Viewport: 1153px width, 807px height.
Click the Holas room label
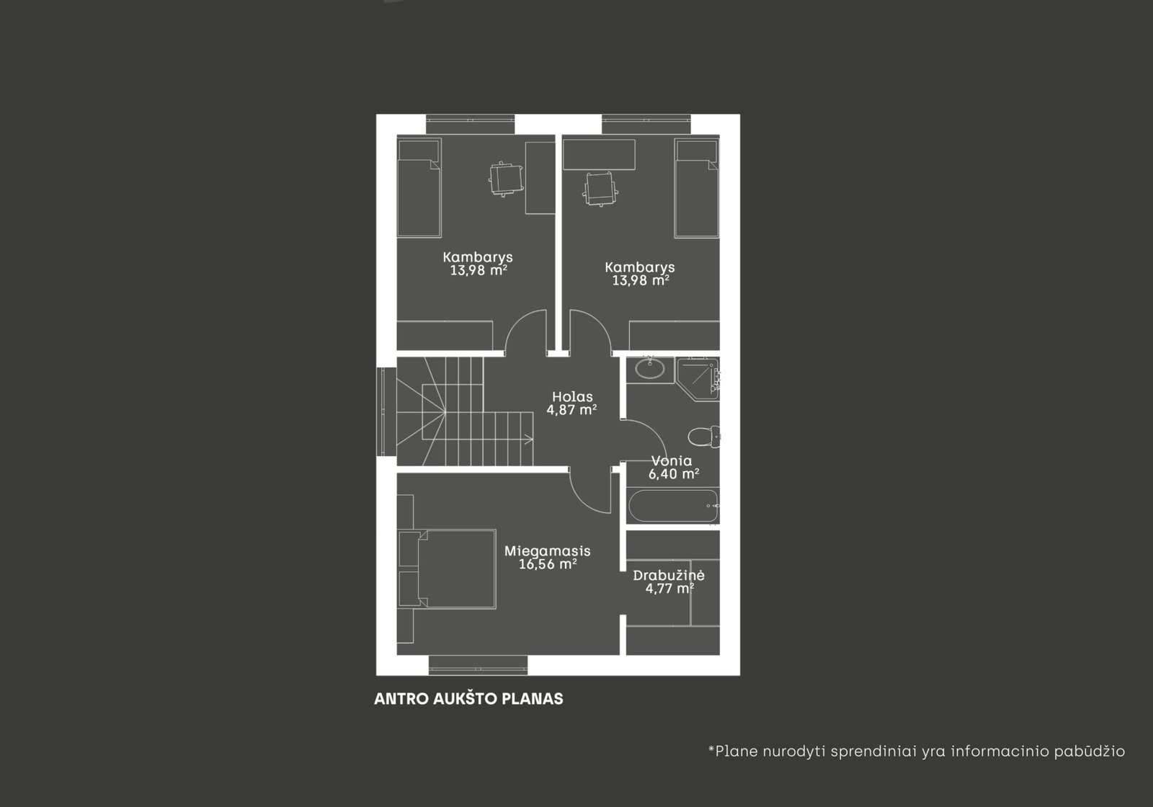572,397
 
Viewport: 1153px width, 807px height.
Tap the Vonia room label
672,460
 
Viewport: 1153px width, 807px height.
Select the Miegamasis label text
547,551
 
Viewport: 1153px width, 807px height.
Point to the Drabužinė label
669,575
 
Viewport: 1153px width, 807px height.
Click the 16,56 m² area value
547,564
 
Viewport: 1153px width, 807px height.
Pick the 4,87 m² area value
572,410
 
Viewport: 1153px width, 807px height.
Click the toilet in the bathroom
703,437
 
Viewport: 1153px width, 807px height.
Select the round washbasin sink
649,368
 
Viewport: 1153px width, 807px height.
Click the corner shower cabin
698,379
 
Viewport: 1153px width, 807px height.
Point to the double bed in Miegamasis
457,569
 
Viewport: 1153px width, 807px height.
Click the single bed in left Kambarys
419,188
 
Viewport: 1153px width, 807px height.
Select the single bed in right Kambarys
696,188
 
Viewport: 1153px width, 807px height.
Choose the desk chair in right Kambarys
600,189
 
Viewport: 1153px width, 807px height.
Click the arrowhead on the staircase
529,439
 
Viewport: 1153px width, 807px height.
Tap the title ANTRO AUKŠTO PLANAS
468,699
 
